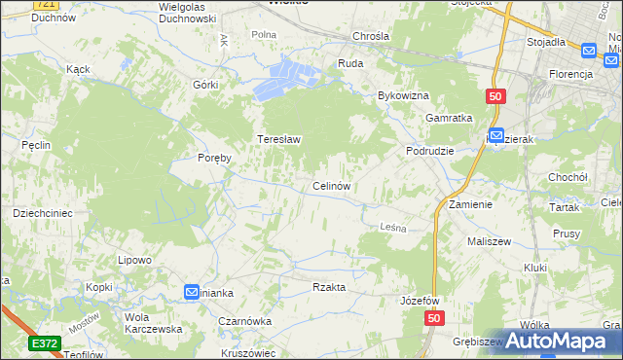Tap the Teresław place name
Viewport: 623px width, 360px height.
pyautogui.click(x=278, y=139)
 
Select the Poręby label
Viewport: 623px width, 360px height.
pyautogui.click(x=214, y=158)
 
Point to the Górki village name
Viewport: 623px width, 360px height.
pyautogui.click(x=205, y=85)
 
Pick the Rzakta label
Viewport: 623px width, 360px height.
pyautogui.click(x=329, y=287)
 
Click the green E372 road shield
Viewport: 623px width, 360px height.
pyautogui.click(x=44, y=343)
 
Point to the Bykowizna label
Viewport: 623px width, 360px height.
pyautogui.click(x=403, y=96)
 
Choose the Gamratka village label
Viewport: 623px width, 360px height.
pyautogui.click(x=449, y=118)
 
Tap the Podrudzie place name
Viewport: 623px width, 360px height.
pyautogui.click(x=429, y=151)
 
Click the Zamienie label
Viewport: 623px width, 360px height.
pyautogui.click(x=470, y=205)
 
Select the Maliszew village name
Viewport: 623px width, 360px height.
pyautogui.click(x=490, y=240)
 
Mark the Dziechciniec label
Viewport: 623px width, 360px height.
pyautogui.click(x=43, y=212)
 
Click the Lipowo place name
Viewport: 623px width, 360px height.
pyautogui.click(x=135, y=260)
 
